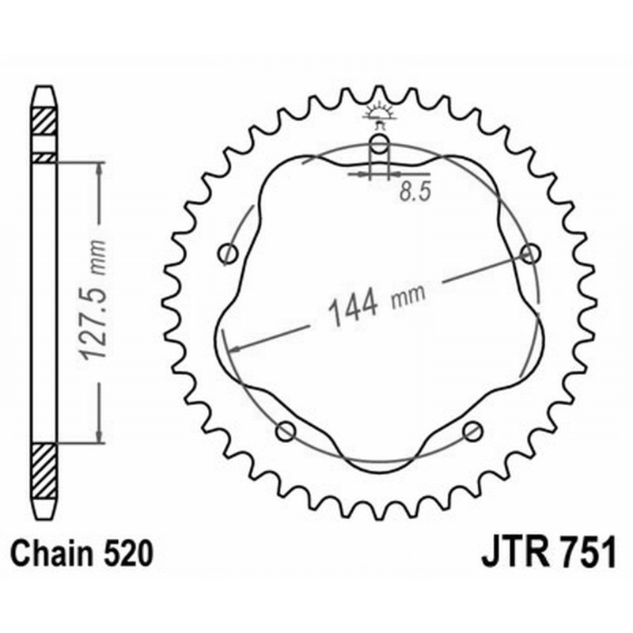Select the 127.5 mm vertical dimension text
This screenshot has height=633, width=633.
point(93,300)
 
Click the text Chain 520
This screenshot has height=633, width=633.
point(81,553)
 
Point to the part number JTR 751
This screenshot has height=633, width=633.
point(548,552)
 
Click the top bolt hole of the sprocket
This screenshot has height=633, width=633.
point(380,145)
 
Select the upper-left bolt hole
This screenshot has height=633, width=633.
point(229,254)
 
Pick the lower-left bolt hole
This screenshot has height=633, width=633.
point(286,431)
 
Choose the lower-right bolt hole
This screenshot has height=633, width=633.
point(473,431)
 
